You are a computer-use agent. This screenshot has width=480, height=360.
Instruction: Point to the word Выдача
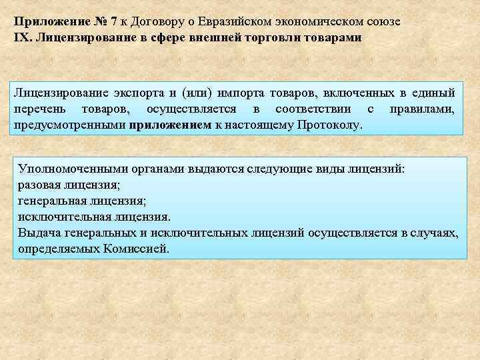click(x=41, y=233)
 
